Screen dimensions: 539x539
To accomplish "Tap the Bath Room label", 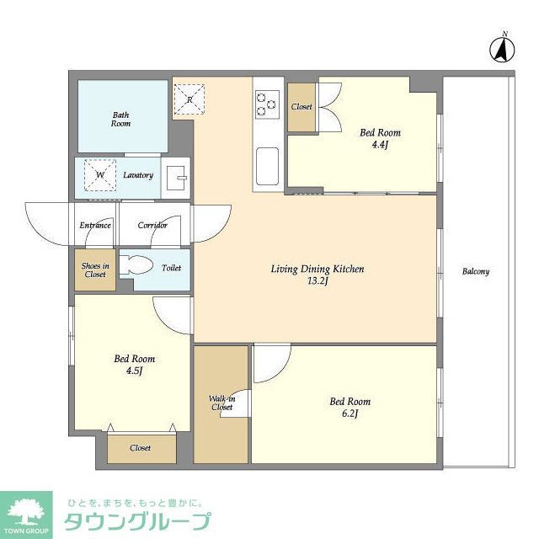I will (121, 119).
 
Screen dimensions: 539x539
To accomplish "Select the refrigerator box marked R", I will (190, 99).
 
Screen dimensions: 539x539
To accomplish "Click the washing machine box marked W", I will (100, 175).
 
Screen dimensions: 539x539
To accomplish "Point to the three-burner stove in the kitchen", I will (267, 103).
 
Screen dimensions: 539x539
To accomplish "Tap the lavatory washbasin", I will (177, 177).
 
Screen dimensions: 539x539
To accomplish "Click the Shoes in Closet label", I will (94, 270).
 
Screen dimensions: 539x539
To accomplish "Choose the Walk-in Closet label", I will (221, 402).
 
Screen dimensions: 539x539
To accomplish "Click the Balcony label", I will (476, 271).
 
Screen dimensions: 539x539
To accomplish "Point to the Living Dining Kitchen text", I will (317, 269).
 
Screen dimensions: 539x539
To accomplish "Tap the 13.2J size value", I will (317, 283).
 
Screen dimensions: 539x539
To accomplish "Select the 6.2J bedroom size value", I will (350, 414).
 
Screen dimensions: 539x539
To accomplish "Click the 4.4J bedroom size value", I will (380, 145).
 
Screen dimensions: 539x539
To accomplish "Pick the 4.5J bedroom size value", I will (134, 371).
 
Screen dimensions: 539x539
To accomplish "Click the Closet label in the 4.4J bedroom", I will (302, 107).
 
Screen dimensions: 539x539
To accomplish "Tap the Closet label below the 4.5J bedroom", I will (141, 448).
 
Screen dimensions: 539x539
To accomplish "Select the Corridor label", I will (152, 225).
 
